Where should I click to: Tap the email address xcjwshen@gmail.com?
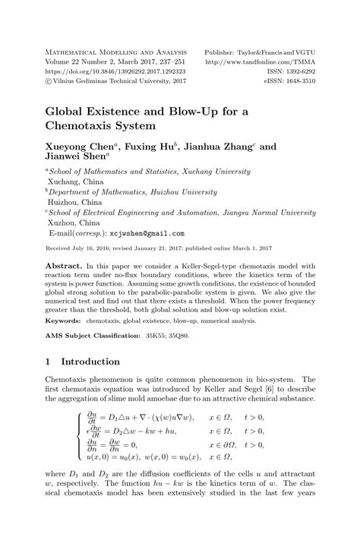148,235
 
